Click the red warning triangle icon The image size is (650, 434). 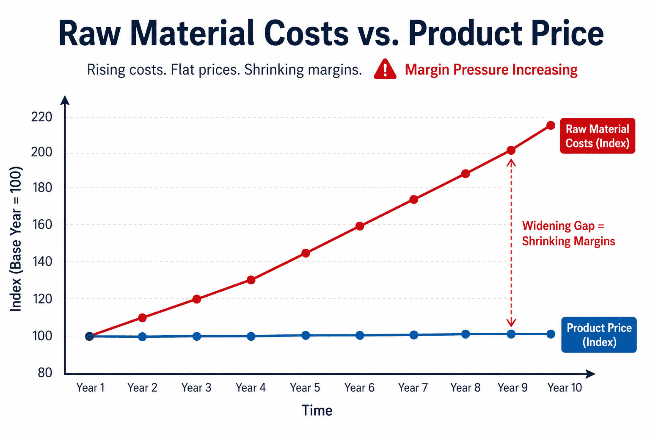[385, 70]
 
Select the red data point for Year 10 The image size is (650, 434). [551, 125]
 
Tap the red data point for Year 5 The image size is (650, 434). [306, 253]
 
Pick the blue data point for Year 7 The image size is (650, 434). [414, 335]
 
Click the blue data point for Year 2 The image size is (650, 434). [142, 337]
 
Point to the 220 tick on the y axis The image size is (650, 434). [41, 117]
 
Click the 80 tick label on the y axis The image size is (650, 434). [45, 373]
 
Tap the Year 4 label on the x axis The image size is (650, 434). [251, 388]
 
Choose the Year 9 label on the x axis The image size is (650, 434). [512, 388]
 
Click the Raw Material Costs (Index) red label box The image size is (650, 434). [597, 136]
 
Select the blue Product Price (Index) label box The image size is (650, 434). [599, 335]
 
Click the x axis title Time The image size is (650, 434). [317, 410]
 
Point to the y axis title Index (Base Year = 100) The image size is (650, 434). [16, 239]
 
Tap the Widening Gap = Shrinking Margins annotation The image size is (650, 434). [568, 234]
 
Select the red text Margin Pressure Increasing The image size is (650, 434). [491, 70]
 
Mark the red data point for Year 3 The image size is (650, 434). [197, 299]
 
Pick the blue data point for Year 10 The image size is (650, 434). [551, 334]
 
